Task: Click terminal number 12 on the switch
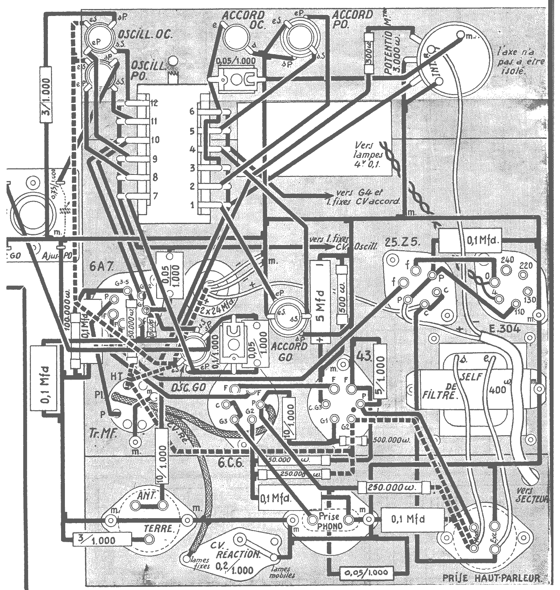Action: pos(155,103)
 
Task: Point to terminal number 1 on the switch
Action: pos(193,204)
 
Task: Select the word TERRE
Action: pos(159,529)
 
